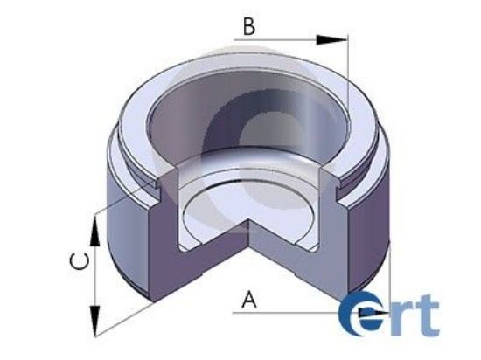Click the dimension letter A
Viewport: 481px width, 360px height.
[249, 300]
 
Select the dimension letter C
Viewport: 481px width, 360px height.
[77, 260]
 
